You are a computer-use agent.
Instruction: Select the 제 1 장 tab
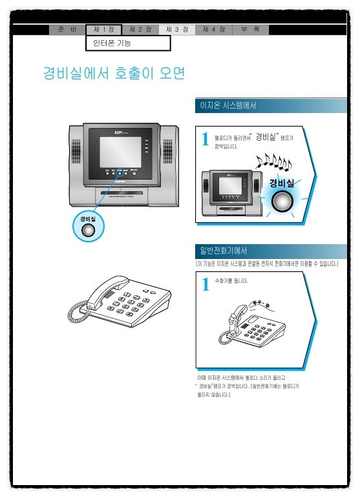[x=103, y=30]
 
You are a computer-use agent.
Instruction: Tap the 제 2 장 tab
[x=140, y=30]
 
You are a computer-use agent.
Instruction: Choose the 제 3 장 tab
[x=176, y=30]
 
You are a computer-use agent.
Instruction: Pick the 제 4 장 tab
[x=213, y=30]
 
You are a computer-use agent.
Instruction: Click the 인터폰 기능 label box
[x=128, y=43]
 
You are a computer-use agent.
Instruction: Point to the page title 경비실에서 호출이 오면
[x=114, y=74]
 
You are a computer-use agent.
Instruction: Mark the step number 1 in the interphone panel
[x=205, y=140]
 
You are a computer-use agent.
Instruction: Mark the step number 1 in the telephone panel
[x=205, y=284]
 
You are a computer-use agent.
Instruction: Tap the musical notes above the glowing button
[x=273, y=161]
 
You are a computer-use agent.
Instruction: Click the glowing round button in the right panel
[x=281, y=202]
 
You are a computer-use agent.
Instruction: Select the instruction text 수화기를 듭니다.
[x=231, y=281]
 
